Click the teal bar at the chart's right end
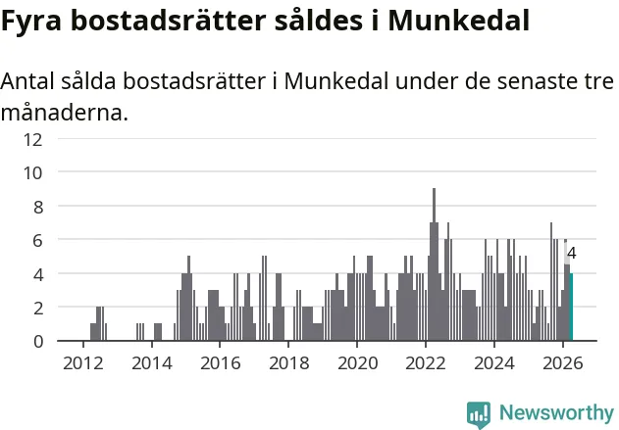(x=571, y=307)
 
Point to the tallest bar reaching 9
(x=434, y=264)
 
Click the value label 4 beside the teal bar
(x=571, y=254)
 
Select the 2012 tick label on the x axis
(x=83, y=362)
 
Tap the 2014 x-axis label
(x=152, y=362)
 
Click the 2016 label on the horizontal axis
(x=221, y=362)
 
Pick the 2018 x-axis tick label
(x=289, y=362)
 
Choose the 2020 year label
(x=357, y=362)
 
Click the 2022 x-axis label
(x=426, y=362)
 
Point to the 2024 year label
(x=494, y=362)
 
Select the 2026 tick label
(x=562, y=362)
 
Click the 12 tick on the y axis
(x=32, y=139)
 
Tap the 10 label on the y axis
(x=32, y=172)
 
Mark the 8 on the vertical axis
(x=38, y=207)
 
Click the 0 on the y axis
(x=38, y=341)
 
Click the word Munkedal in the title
(x=458, y=21)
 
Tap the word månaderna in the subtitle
(x=65, y=113)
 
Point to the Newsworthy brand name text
(x=556, y=412)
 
